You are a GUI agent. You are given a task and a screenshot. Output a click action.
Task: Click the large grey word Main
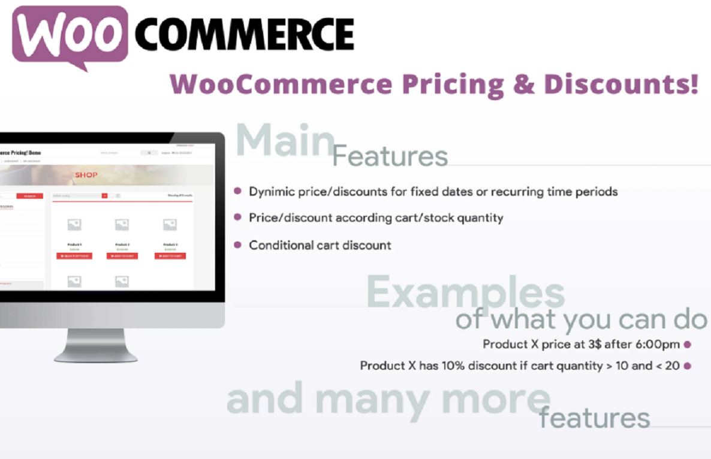[x=284, y=141]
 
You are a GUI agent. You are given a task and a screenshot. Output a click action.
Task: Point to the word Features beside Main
[x=390, y=157]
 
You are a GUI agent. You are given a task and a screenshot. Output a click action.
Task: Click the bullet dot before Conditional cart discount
[x=237, y=245]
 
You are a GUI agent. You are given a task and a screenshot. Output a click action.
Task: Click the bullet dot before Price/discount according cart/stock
[x=237, y=217]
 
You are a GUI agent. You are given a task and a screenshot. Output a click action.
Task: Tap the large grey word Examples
[x=465, y=292]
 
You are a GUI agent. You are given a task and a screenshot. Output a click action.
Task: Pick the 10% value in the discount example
[x=459, y=366]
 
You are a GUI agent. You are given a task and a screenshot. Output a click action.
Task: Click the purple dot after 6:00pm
[x=688, y=345]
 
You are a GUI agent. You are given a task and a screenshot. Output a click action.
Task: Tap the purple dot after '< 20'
[x=688, y=366]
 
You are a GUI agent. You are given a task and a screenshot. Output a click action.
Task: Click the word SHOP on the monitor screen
[x=86, y=175]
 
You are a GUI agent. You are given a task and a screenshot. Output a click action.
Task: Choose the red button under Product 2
[x=122, y=256]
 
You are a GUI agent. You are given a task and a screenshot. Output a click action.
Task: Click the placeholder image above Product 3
[x=170, y=225]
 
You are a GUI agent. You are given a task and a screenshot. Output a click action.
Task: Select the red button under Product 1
[x=74, y=256]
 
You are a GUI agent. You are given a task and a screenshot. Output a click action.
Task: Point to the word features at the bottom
[x=594, y=418]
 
